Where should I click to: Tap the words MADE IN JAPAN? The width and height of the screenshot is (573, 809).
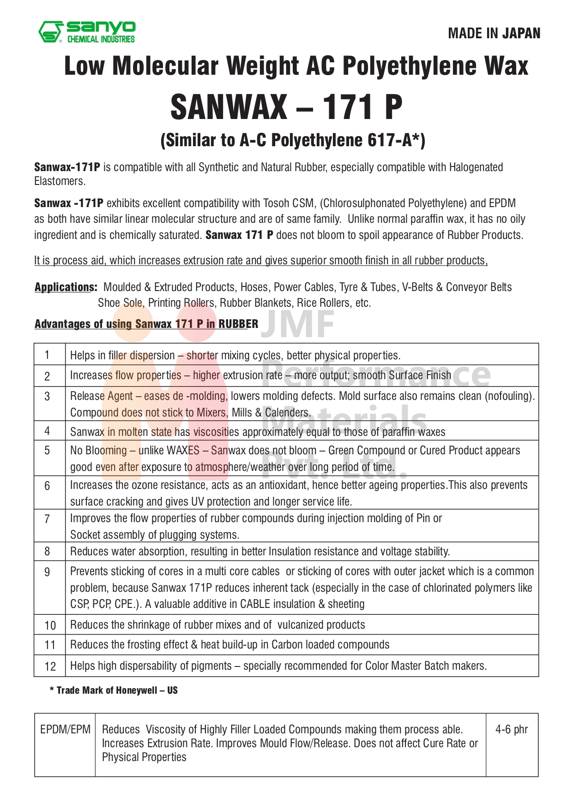point(494,34)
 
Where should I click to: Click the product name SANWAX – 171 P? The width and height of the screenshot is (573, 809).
point(286,107)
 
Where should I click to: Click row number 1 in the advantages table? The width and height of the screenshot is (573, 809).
point(47,355)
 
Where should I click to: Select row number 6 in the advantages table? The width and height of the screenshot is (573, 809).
point(47,486)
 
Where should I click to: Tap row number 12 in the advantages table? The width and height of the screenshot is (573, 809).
point(50,666)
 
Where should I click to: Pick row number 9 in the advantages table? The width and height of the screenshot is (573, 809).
point(47,572)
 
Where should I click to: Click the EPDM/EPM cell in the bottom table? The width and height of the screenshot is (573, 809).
point(65,730)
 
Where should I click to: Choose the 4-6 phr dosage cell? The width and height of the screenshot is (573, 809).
point(512,730)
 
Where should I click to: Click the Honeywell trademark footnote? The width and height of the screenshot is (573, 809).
point(114,690)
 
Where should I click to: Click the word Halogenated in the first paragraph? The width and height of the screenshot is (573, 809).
point(476,167)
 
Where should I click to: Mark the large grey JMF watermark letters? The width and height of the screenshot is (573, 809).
point(300,324)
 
